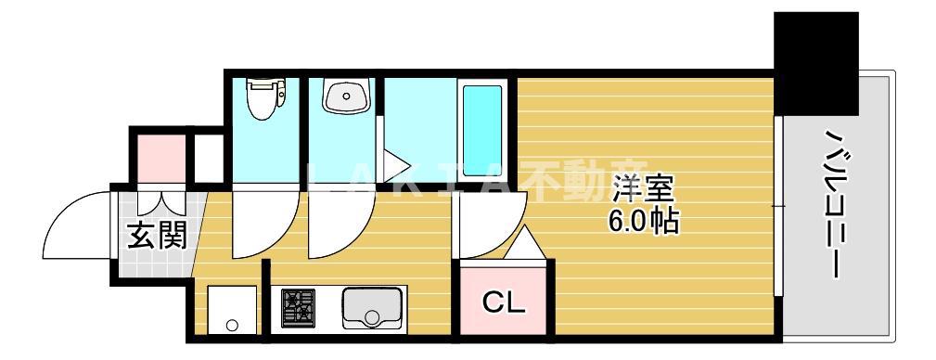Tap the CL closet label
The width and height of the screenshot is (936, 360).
(503, 303)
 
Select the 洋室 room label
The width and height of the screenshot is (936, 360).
(643, 190)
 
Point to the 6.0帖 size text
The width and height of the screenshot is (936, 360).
(643, 222)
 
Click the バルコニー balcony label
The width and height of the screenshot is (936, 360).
(833, 203)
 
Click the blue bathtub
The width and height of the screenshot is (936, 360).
(481, 131)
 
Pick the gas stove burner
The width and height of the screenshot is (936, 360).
(298, 307)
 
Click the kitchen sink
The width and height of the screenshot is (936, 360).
(372, 307)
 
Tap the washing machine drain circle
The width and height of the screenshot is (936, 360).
(232, 326)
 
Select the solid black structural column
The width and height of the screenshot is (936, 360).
(816, 63)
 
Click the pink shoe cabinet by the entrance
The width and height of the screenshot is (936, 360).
(161, 159)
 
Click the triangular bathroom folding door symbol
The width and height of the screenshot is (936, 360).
(394, 165)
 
